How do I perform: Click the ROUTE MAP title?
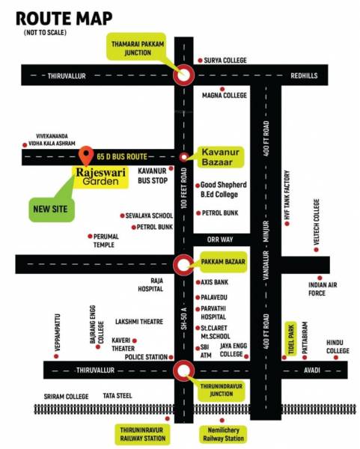coord(64,18)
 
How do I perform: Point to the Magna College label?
coord(225,96)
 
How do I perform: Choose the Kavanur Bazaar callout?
coord(222,156)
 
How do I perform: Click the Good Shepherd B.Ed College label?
coord(227,189)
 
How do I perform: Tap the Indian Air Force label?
coord(317,289)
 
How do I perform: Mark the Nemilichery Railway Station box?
coord(222,434)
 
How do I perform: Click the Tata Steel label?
coord(118,394)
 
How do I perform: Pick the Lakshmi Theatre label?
coord(138,322)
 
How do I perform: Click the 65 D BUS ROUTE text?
coord(122,156)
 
